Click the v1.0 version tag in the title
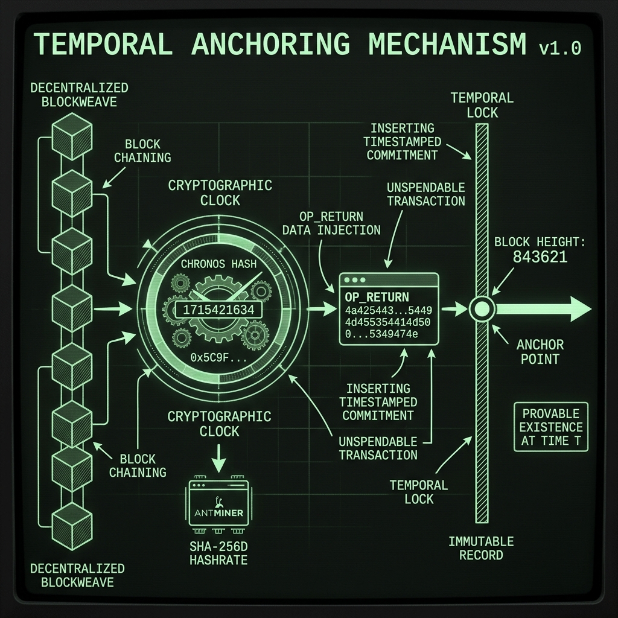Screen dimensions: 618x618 tap(559, 48)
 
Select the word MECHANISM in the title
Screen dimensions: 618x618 tap(447, 43)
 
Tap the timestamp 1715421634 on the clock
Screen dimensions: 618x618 tap(218, 310)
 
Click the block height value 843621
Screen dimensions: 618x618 tap(540, 257)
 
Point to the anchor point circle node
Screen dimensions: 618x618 tap(482, 309)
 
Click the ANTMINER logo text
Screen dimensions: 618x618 tap(218, 513)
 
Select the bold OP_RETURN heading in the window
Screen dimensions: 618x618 tap(377, 297)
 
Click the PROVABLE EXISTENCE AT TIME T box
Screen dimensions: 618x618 tap(551, 427)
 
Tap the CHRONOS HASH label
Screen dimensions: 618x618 tap(218, 264)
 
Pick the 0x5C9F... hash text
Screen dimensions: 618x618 tap(218, 357)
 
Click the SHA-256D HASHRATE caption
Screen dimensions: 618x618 tap(218, 553)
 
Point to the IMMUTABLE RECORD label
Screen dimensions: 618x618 tap(481, 548)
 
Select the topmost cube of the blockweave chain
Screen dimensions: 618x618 tap(72, 136)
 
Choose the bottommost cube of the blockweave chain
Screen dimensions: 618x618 tap(72, 526)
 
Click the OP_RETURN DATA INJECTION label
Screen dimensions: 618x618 tap(331, 223)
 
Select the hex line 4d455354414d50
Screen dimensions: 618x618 tap(388, 322)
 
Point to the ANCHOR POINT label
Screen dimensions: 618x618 tap(540, 352)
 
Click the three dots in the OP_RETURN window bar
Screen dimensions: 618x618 tap(355, 280)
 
